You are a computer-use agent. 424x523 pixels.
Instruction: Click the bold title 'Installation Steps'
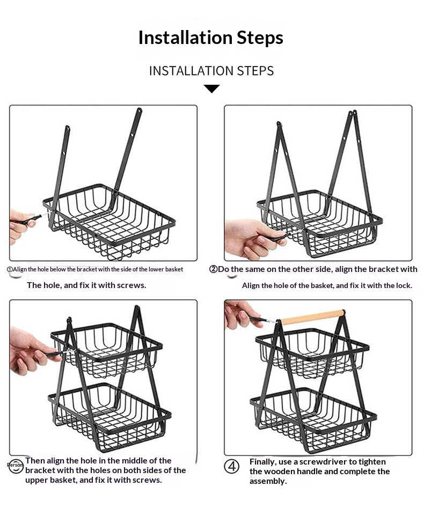(211, 38)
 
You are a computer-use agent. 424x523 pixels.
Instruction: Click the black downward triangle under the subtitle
(211, 89)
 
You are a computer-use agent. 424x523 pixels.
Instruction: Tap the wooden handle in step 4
(312, 317)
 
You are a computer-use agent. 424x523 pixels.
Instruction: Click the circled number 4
(231, 466)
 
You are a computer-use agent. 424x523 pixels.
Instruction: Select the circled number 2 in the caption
(213, 269)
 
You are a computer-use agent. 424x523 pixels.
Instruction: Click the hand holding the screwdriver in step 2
(252, 239)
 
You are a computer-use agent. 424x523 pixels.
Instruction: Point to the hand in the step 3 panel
(32, 350)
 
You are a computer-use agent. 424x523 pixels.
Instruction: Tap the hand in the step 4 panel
(240, 314)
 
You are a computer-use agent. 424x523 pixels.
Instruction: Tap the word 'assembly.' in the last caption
(268, 481)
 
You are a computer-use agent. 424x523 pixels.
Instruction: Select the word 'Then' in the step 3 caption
(35, 461)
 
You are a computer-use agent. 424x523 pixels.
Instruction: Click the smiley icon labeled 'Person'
(16, 465)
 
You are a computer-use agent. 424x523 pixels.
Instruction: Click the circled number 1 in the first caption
(10, 269)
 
